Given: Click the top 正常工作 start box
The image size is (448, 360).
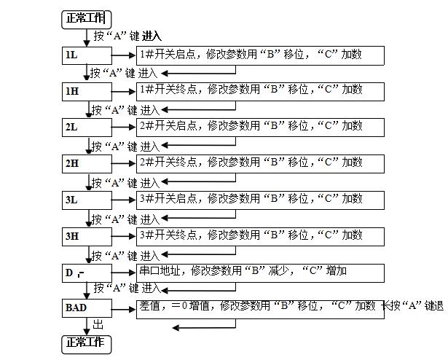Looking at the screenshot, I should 85,17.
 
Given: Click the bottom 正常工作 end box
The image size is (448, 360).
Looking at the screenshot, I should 85,343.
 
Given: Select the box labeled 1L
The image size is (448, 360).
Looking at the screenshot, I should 86,55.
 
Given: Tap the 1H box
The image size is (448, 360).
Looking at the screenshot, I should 86,91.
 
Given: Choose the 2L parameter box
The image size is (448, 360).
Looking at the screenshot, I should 86,127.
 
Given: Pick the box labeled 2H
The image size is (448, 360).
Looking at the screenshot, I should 86,163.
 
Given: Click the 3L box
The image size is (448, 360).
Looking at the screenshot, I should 86,199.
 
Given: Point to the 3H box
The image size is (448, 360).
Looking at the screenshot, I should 86,235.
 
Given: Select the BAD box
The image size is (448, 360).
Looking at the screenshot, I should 86,308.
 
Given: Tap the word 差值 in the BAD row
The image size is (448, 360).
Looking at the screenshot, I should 148,307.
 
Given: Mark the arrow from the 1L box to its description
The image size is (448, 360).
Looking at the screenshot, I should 122,55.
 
